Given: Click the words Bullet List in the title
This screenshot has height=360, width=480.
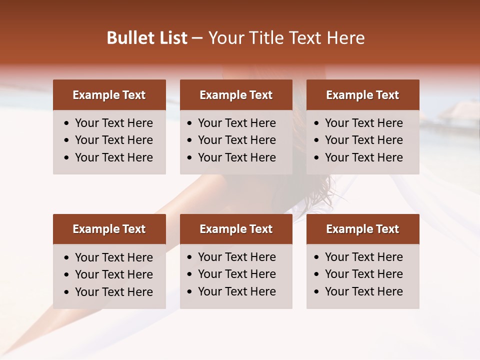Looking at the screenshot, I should [x=147, y=38].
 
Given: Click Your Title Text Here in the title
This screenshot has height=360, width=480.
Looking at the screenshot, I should [x=286, y=38].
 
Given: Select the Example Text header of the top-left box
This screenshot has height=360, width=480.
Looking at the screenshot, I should [x=109, y=95].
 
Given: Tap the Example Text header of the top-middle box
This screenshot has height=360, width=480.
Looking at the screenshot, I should [x=236, y=95].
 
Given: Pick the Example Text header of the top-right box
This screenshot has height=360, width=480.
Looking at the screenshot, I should [x=362, y=95].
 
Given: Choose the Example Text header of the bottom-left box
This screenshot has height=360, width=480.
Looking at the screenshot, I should [x=109, y=229].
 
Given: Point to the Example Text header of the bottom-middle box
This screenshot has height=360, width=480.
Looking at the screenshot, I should [x=236, y=229].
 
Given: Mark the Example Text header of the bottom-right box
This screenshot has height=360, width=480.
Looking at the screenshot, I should [x=362, y=229].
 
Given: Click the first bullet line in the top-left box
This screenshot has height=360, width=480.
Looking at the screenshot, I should [x=114, y=123].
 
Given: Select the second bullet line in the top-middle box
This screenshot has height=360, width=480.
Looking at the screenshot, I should [x=237, y=140].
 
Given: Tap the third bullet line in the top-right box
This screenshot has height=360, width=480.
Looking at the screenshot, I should [x=364, y=157].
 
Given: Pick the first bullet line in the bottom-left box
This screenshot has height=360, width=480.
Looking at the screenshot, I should [x=114, y=257].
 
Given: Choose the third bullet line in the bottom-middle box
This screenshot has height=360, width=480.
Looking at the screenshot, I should [x=237, y=291].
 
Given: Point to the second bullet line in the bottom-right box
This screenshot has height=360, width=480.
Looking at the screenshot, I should [x=364, y=274].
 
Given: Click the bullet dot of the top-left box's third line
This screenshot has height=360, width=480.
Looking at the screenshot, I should [x=67, y=158].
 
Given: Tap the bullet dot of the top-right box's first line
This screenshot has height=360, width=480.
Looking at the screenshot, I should [x=317, y=123].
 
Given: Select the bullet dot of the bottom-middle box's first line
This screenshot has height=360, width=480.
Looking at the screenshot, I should [x=190, y=257].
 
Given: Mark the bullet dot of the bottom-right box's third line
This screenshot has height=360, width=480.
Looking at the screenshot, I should [x=317, y=292].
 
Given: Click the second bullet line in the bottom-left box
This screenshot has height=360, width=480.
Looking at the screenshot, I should [x=114, y=274].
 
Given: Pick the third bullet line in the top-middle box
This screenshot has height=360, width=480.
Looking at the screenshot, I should [x=237, y=157].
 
